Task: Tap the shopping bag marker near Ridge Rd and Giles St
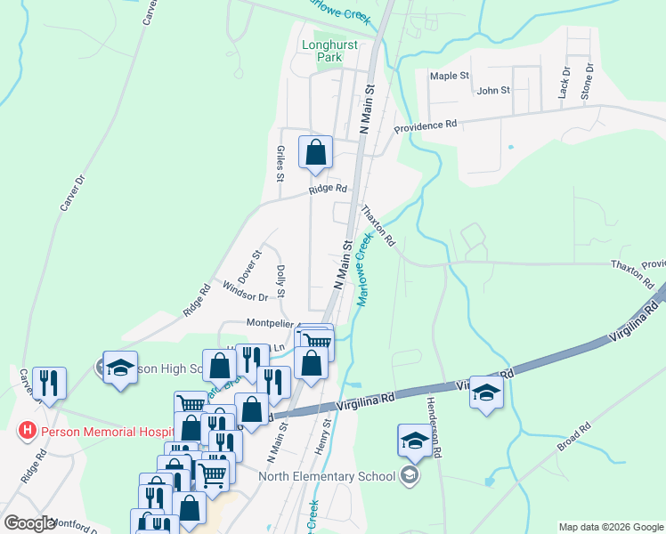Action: coord(315,153)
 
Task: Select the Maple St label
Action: coord(450,77)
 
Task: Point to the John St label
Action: coord(493,91)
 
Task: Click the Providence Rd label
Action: coord(426,125)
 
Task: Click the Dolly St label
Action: coord(280,280)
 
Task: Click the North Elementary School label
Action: coord(327,475)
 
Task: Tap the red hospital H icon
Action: coord(28,431)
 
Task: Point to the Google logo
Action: coord(29,523)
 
